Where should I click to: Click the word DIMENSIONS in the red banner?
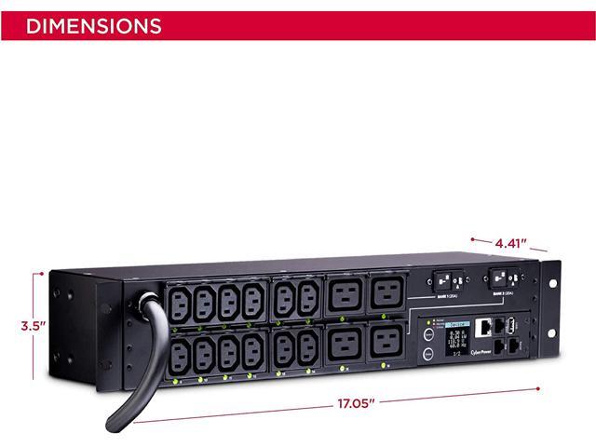[93, 25]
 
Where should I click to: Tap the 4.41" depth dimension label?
[510, 244]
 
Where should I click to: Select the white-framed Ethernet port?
[485, 329]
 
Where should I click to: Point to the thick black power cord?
[140, 372]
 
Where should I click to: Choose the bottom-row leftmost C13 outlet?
[181, 356]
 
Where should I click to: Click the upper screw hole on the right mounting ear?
[551, 281]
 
